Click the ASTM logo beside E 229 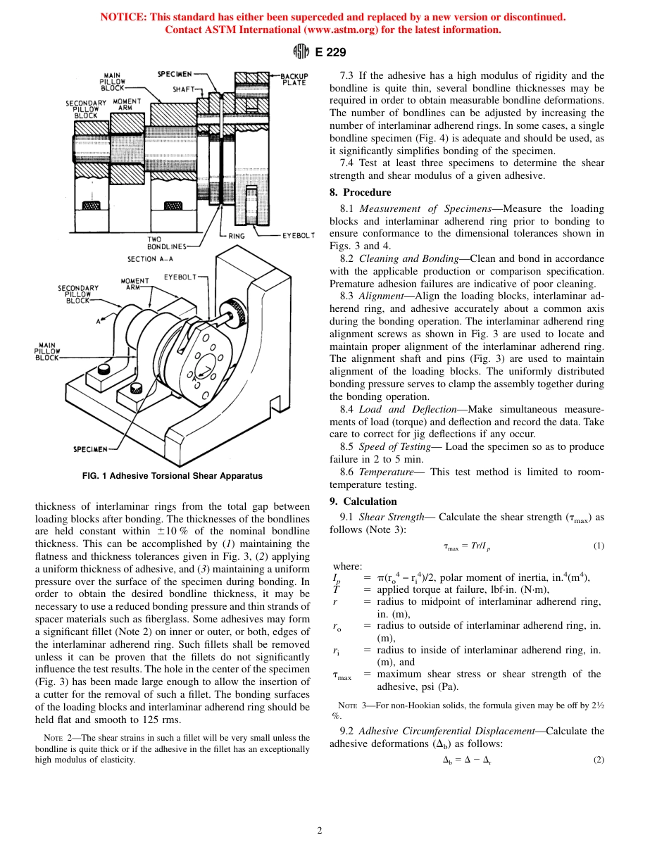(x=300, y=51)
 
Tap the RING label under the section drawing (x=236, y=236)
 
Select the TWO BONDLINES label (x=166, y=243)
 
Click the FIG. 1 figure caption (x=172, y=476)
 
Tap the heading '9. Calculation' (x=363, y=501)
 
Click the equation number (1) (x=598, y=546)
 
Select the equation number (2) (x=598, y=760)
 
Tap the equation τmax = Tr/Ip (x=466, y=546)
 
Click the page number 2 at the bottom (x=319, y=831)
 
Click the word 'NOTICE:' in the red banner (x=123, y=17)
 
